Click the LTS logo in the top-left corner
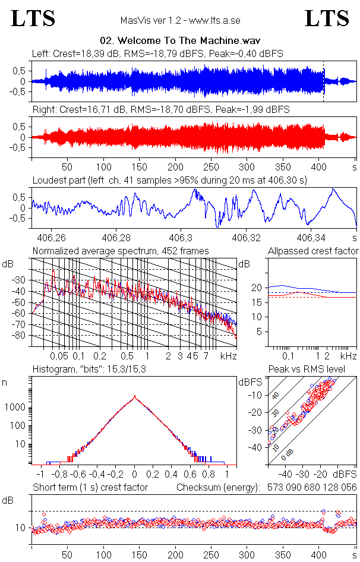(x=33, y=19)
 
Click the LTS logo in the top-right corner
(x=327, y=19)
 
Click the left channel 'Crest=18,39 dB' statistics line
(x=157, y=54)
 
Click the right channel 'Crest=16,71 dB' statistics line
(x=160, y=110)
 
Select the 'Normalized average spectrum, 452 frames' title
(x=121, y=251)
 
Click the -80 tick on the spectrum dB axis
(x=20, y=336)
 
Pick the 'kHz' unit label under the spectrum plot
(x=228, y=356)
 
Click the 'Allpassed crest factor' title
(x=313, y=251)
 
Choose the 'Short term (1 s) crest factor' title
(x=90, y=488)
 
